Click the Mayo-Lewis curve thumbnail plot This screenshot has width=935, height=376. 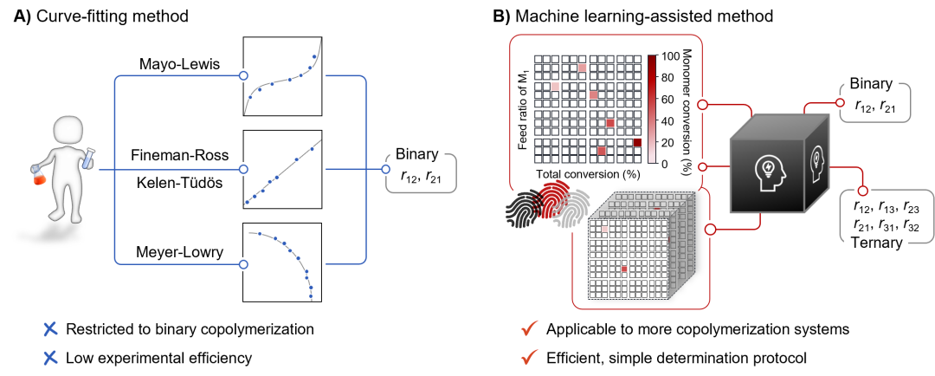click(x=283, y=76)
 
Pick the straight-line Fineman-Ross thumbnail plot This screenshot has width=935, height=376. click(x=283, y=169)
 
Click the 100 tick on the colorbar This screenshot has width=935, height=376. click(x=669, y=56)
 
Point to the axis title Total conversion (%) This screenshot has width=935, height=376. click(x=586, y=175)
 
